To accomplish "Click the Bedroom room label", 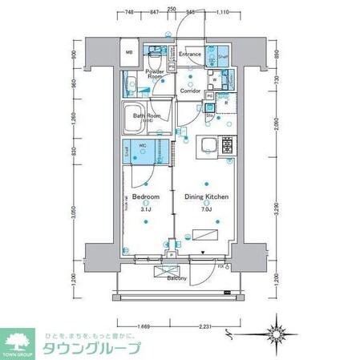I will pyautogui.click(x=145, y=196).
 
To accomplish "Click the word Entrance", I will pyautogui.click(x=190, y=54).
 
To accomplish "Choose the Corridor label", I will pyautogui.click(x=190, y=91).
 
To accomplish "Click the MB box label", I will pyautogui.click(x=128, y=54).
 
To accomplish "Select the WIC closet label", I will pyautogui.click(x=143, y=145).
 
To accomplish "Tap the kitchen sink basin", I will pyautogui.click(x=207, y=145).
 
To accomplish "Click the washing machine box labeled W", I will pyautogui.click(x=215, y=79).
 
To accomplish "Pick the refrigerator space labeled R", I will pyautogui.click(x=227, y=103).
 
